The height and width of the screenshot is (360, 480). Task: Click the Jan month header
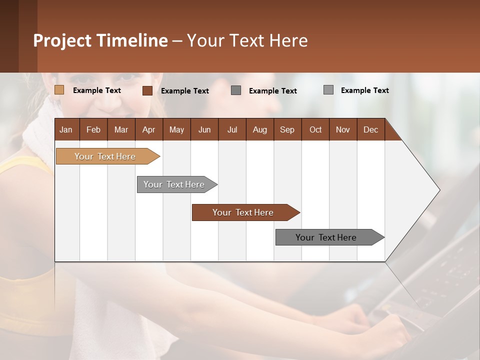coord(66,129)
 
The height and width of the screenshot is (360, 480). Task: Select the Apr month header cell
coord(149,129)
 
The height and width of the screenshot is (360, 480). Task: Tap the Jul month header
coord(232,129)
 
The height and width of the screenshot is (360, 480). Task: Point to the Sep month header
coord(287,129)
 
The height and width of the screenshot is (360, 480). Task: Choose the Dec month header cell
coord(370,129)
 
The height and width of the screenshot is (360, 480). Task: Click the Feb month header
coord(93,129)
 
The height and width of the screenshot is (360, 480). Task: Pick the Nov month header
coord(342,129)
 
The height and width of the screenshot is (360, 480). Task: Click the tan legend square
coord(59,90)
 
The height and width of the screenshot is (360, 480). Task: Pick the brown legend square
coord(147,90)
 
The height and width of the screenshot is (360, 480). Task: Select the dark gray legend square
coord(236,90)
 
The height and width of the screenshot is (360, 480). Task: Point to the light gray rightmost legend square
coord(328,90)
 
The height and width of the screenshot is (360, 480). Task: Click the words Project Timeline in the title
coord(100,40)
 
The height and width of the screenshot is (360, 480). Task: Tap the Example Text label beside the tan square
coord(97,90)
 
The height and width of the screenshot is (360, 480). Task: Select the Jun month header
coord(204,129)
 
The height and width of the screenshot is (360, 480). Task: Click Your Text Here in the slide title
coord(247,40)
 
